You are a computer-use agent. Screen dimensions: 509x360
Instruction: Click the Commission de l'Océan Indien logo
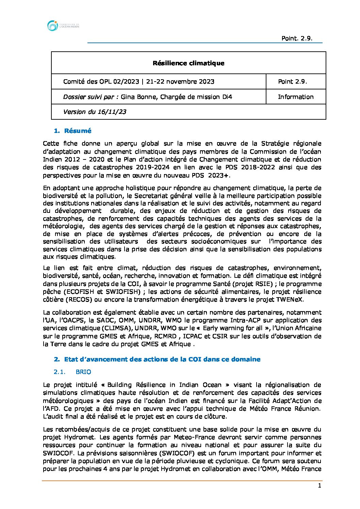tap(63, 26)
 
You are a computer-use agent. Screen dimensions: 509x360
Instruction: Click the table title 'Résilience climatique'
tap(189, 63)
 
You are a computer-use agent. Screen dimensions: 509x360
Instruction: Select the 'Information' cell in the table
tap(296, 97)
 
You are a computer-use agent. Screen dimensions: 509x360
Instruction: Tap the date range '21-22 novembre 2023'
tap(180, 82)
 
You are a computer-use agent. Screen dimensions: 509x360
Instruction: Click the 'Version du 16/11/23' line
tap(95, 112)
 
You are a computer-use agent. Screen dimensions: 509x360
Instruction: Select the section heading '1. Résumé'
tap(73, 131)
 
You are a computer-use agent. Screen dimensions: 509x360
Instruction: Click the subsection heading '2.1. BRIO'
tap(72, 372)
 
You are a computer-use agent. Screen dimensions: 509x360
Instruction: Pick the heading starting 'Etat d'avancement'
tap(162, 359)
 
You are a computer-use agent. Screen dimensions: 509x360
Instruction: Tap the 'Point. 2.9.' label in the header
tap(297, 38)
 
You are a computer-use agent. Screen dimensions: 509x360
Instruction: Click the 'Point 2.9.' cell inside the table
tap(293, 82)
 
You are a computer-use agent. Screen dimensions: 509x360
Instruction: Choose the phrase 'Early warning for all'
tap(233, 328)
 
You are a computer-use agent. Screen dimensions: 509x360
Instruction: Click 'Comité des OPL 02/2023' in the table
tap(101, 82)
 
